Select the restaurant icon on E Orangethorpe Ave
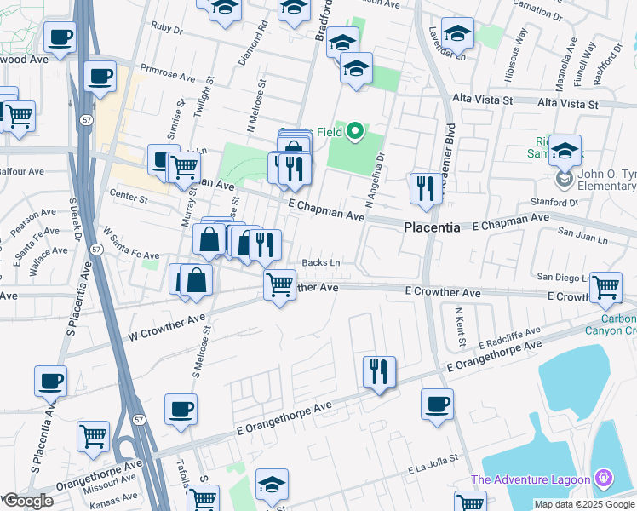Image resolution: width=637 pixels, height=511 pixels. [x=379, y=372]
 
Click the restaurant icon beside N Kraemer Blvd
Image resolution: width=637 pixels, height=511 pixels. [x=424, y=189]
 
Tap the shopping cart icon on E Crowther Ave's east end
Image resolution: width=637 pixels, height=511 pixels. [x=605, y=288]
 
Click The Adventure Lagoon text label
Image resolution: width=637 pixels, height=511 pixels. [x=531, y=480]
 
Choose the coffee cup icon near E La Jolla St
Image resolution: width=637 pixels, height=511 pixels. [x=437, y=405]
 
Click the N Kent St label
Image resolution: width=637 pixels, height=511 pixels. [x=460, y=327]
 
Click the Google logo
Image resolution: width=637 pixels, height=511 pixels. [x=28, y=501]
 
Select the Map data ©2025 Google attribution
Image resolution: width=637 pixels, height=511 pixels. [x=583, y=504]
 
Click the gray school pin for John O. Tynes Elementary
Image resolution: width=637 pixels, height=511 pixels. [x=564, y=180]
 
